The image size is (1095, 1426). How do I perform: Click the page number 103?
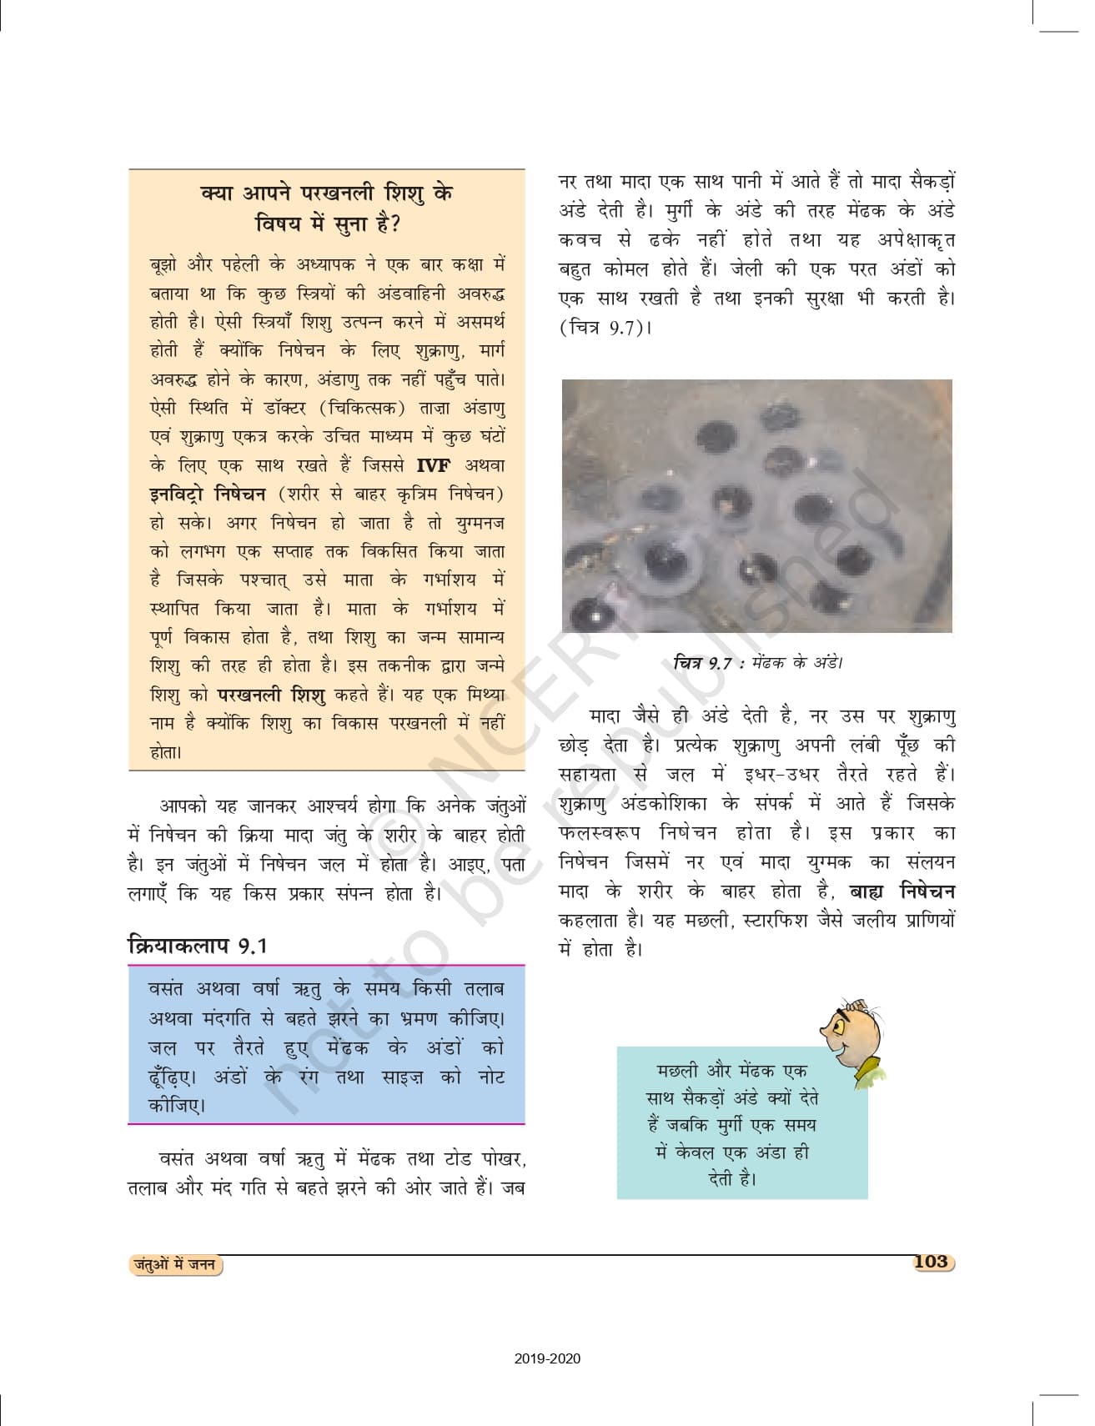click(931, 1261)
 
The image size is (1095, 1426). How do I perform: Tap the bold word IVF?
click(433, 464)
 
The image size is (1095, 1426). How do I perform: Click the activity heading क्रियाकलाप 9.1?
click(197, 945)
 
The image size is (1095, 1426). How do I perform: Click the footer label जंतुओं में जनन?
click(176, 1264)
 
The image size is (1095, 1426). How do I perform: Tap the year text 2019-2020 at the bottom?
click(547, 1358)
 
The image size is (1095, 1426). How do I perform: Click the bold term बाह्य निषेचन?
click(902, 891)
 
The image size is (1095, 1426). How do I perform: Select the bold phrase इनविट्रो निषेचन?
click(208, 494)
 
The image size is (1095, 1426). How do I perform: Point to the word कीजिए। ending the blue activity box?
click(177, 1106)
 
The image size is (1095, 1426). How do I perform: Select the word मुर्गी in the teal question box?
click(731, 1126)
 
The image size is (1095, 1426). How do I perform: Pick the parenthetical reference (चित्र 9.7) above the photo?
click(604, 328)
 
